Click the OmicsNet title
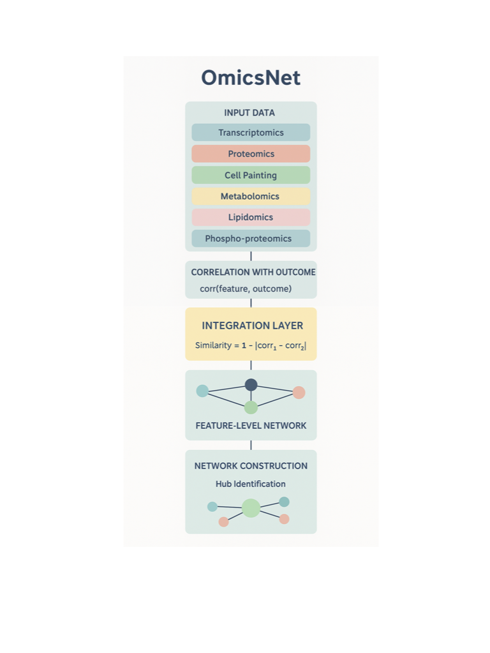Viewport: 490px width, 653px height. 251,78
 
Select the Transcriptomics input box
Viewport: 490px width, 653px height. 251,133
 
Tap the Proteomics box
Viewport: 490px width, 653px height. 251,154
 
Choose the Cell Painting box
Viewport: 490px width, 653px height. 251,175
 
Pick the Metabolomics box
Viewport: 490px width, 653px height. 251,196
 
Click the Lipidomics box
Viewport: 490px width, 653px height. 251,217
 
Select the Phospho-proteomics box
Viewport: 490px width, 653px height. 251,239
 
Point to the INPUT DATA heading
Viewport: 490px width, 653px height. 249,113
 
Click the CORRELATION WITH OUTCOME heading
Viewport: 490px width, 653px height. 253,272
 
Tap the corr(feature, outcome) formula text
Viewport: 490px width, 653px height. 246,289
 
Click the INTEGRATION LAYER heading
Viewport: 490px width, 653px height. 252,326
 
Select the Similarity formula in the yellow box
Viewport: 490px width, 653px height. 251,345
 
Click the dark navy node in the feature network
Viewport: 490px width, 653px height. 251,385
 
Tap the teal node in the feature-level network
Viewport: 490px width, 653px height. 202,391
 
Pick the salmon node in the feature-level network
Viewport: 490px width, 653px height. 299,393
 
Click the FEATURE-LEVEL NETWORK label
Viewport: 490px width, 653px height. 251,425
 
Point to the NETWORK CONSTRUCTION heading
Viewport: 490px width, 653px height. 251,466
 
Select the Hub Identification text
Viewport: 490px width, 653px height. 251,484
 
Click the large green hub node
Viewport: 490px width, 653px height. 251,508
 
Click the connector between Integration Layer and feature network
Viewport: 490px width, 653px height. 251,365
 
